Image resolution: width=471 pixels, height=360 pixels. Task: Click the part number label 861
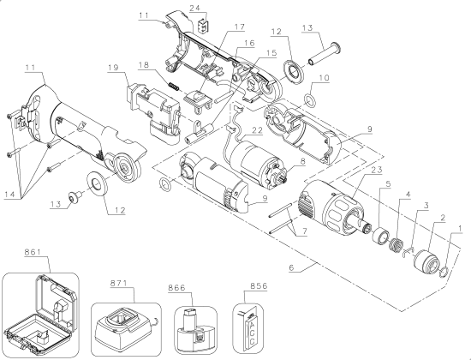coord(33,252)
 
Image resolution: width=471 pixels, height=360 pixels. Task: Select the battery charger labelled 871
coord(126,329)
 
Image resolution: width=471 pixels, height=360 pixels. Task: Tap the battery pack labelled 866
coord(196,330)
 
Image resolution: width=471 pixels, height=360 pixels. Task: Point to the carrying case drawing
coord(41,314)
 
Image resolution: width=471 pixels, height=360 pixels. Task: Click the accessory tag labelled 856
coord(248,328)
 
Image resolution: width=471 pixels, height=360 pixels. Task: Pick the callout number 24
coord(195,8)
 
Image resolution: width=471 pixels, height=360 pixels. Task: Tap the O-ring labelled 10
coord(310,99)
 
